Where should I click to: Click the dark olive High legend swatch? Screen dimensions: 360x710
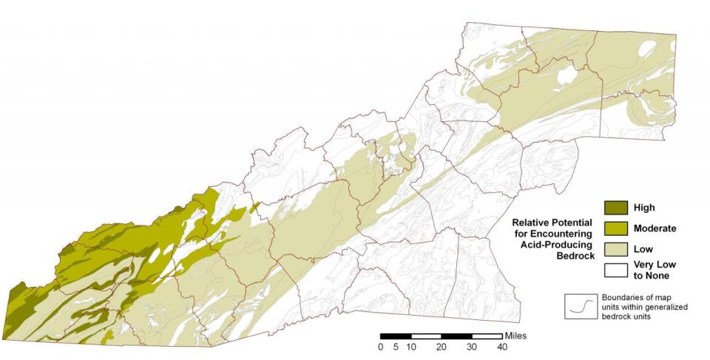click(x=615, y=208)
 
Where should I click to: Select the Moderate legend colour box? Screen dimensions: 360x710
click(x=615, y=228)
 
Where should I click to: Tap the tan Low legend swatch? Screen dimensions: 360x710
click(x=615, y=249)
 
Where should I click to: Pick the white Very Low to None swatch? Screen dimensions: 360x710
click(x=615, y=270)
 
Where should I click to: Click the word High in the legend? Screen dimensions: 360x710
click(x=644, y=208)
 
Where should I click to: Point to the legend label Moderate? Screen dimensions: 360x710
click(x=655, y=228)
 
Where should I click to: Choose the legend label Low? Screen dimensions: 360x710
click(x=643, y=250)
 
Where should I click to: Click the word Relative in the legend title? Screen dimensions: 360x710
click(x=532, y=222)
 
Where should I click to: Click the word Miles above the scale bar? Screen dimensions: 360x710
click(x=516, y=336)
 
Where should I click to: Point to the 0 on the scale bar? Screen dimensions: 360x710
click(x=380, y=347)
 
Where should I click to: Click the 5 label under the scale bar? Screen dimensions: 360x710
click(x=396, y=347)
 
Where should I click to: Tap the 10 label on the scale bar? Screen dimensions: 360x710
click(x=411, y=347)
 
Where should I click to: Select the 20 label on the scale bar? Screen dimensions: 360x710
click(x=442, y=347)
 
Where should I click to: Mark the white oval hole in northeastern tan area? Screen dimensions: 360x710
click(x=567, y=75)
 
